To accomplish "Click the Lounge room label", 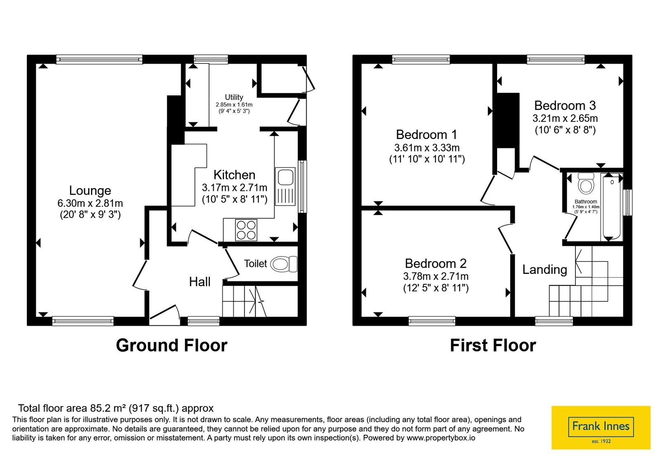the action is tap(90, 191).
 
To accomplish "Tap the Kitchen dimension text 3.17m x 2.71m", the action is tap(235, 187).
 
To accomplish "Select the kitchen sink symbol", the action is tap(285, 186).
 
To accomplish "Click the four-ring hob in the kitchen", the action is tap(246, 230).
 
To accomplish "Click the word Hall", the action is tap(200, 282).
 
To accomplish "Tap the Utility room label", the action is tap(234, 97).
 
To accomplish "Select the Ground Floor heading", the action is tap(172, 345).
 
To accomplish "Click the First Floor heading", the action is tap(493, 345).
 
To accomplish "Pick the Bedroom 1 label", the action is tap(427, 134).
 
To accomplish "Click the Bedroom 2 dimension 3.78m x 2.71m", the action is tap(436, 276).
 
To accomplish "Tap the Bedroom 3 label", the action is tap(565, 106).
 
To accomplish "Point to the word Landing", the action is tap(545, 270).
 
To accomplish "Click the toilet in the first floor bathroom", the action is tap(586, 183).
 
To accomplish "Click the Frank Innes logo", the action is tap(601, 427).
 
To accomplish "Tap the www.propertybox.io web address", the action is tap(441, 438).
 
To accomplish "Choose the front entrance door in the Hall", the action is tap(165, 312).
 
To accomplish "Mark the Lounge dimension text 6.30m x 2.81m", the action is tap(90, 203).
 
